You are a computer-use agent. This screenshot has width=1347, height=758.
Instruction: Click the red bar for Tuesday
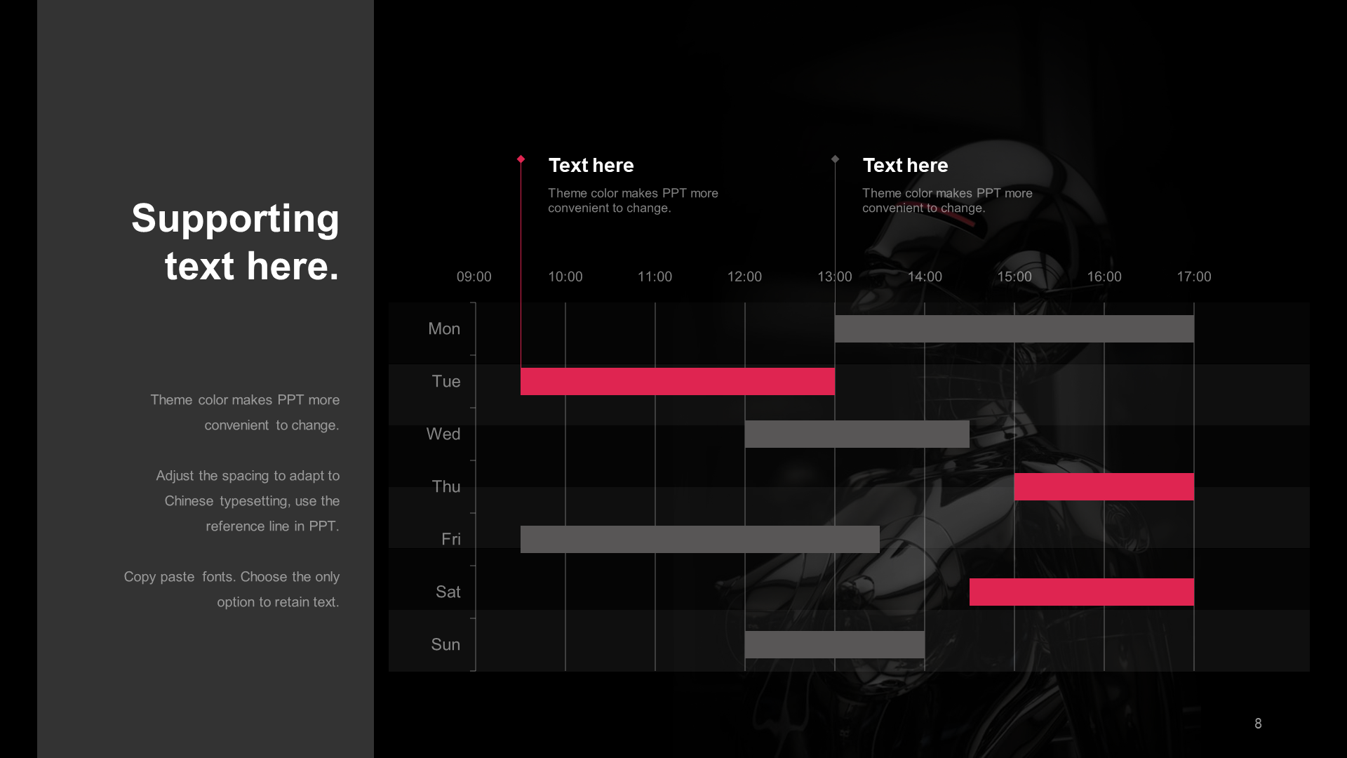[678, 381]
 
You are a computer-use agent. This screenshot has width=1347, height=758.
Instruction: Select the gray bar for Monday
[1014, 328]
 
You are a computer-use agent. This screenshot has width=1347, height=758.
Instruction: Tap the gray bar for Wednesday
[857, 434]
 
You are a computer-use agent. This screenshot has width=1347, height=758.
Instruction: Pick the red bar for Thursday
[1104, 486]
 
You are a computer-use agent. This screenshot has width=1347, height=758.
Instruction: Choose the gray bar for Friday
[700, 539]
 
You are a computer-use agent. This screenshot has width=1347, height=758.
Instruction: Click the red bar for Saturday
[1082, 592]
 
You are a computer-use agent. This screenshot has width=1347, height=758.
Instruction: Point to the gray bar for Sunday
[835, 644]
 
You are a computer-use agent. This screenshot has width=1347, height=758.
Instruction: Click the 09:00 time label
[474, 277]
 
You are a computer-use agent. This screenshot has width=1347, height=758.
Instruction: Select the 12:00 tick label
[744, 277]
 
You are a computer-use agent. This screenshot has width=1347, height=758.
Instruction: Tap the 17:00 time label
[1194, 277]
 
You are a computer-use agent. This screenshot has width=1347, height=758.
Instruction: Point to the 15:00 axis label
[1014, 277]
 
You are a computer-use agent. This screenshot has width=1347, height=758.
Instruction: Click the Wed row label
[443, 434]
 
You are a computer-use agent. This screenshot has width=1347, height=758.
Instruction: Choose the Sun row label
[445, 644]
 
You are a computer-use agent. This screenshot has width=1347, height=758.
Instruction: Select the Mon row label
[444, 328]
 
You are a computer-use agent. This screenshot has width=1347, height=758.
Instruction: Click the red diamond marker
[521, 159]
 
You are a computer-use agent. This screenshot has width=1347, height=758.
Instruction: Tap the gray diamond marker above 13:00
[835, 159]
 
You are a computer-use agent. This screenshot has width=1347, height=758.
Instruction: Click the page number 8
[1258, 724]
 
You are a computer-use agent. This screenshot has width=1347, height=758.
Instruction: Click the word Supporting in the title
[235, 218]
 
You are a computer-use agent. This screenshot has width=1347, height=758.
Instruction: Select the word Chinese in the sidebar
[189, 501]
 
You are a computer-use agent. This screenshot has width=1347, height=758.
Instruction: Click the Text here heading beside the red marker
[591, 165]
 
